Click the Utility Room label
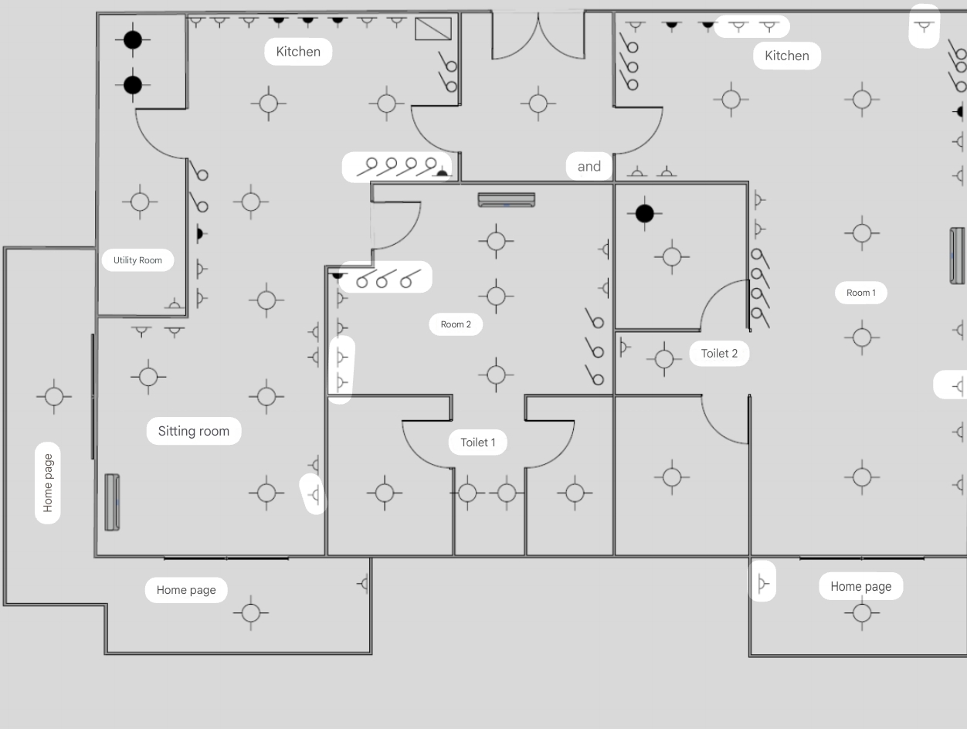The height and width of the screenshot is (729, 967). (137, 260)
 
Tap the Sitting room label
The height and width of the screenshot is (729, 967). (193, 431)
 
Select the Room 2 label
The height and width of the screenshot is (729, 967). (456, 324)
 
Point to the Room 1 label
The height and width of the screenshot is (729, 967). (860, 293)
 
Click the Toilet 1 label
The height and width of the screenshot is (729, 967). (477, 442)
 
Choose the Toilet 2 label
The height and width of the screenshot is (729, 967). (718, 354)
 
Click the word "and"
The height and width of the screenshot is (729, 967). (589, 166)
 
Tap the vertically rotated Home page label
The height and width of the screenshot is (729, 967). (48, 483)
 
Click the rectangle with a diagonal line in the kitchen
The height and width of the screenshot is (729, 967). (433, 29)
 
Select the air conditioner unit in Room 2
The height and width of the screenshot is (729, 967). (506, 200)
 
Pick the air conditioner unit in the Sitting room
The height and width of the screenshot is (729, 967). (112, 502)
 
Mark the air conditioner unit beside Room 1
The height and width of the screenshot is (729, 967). (957, 256)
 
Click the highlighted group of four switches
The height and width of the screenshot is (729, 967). (397, 167)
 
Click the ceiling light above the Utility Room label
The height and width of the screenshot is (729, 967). (140, 202)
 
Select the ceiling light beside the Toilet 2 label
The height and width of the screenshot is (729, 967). (664, 359)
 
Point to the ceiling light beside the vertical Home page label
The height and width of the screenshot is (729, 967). (54, 397)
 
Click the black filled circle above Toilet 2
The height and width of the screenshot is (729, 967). (644, 213)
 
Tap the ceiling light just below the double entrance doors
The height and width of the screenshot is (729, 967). (538, 103)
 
